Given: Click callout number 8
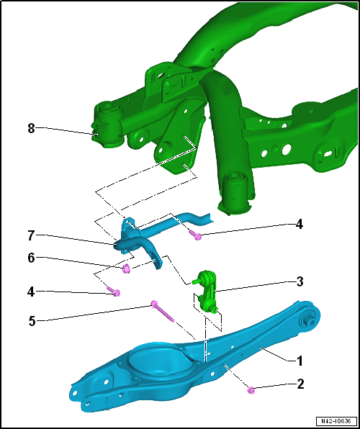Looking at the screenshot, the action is click(31, 128).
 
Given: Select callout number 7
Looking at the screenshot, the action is click(31, 236).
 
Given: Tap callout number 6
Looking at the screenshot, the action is click(31, 258).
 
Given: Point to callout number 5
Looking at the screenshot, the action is click(32, 320).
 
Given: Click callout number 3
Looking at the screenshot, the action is click(300, 282).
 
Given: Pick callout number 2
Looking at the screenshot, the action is click(300, 384).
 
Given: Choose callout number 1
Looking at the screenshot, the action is click(300, 361).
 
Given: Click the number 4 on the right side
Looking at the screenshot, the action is click(299, 225).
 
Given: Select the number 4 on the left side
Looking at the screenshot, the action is click(31, 292).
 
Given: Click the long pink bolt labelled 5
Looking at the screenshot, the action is click(163, 312).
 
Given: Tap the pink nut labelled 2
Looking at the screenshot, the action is click(251, 390).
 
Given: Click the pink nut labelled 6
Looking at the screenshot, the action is click(126, 269).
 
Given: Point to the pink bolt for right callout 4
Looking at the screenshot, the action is click(195, 235).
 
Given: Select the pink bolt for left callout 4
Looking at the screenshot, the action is click(114, 291).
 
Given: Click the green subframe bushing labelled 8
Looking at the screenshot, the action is click(109, 125).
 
